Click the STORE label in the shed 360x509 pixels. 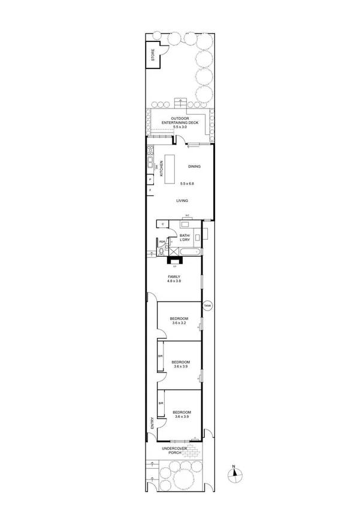[x=153, y=56]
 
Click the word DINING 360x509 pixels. [x=194, y=167]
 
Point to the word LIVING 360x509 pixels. [x=182, y=201]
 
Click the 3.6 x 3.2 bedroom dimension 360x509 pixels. [x=179, y=323]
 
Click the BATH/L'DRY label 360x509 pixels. [x=185, y=238]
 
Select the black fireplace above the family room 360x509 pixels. [x=175, y=260]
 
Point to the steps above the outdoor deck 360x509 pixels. [x=180, y=101]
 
